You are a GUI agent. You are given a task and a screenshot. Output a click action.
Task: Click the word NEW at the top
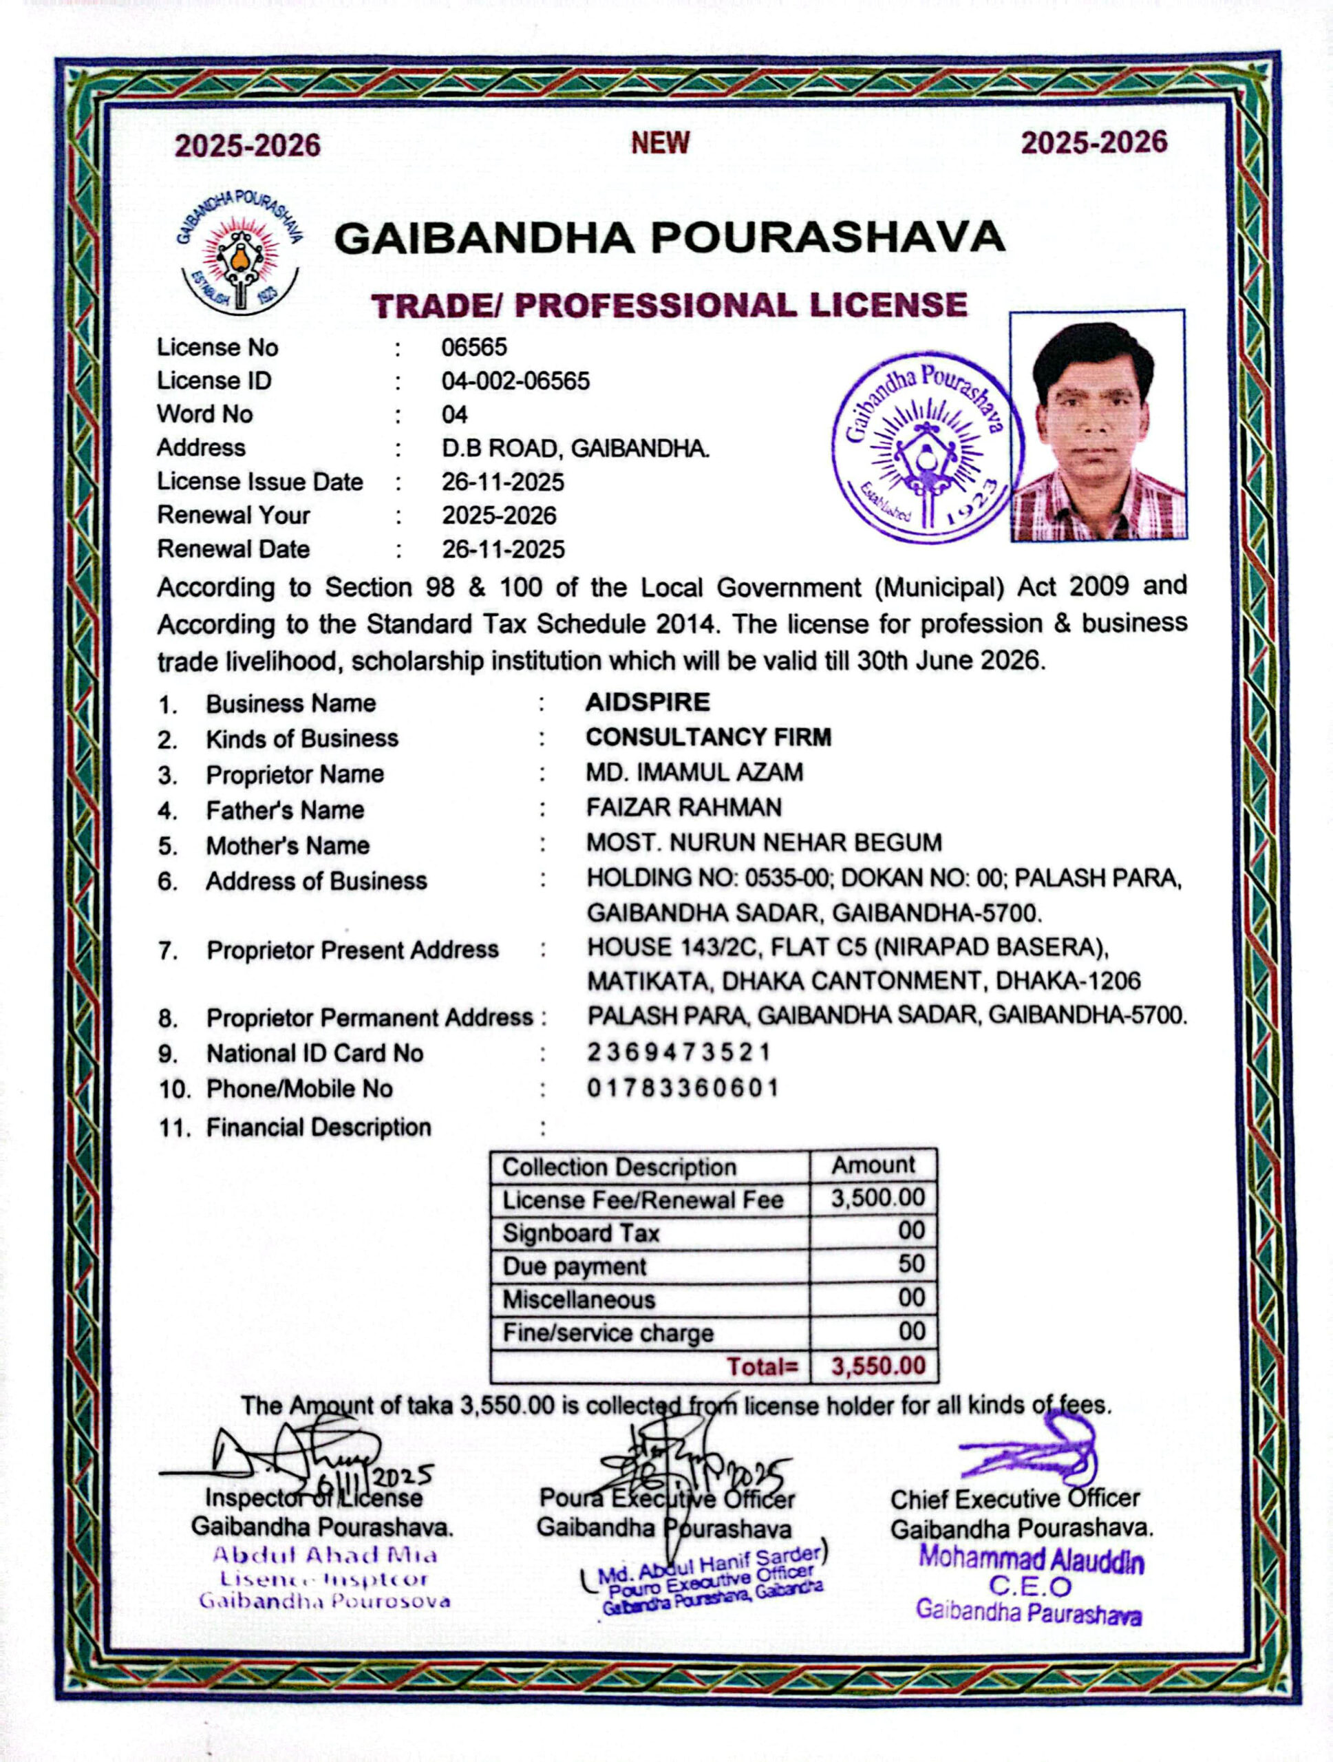(660, 143)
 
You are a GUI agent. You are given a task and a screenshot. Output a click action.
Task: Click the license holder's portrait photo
(1097, 426)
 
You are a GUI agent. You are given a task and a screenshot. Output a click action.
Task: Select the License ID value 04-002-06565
(515, 381)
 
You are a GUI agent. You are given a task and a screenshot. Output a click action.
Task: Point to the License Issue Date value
(502, 482)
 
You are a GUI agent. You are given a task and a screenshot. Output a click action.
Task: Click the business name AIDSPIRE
(648, 702)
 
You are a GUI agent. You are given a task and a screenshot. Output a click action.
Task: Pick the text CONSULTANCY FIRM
(708, 737)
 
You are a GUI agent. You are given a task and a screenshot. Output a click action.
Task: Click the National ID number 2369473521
(679, 1052)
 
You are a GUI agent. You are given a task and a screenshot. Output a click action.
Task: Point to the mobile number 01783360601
(683, 1087)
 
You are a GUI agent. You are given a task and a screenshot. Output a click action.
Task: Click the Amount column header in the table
(873, 1165)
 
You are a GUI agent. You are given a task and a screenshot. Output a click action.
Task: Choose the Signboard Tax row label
(581, 1233)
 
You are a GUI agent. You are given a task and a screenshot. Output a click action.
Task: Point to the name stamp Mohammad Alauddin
(1030, 1560)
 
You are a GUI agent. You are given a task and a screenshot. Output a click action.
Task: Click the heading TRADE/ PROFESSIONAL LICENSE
(670, 305)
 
